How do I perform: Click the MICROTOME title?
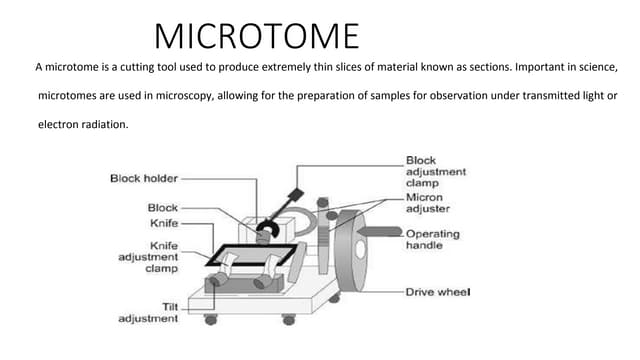[x=257, y=36]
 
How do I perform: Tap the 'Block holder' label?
[x=144, y=178]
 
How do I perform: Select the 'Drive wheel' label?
[x=438, y=292]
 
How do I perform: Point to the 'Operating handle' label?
[x=433, y=240]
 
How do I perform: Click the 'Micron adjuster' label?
[x=428, y=203]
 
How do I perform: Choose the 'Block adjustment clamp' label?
[x=436, y=171]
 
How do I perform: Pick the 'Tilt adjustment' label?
[x=148, y=313]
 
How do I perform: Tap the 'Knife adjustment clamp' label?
[x=148, y=257]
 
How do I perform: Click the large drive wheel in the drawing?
[x=350, y=251]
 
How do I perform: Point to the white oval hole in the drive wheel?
[x=360, y=250]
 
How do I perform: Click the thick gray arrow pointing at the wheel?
[x=380, y=232]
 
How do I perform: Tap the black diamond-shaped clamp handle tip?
[x=296, y=194]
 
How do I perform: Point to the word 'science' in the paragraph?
[x=598, y=67]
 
